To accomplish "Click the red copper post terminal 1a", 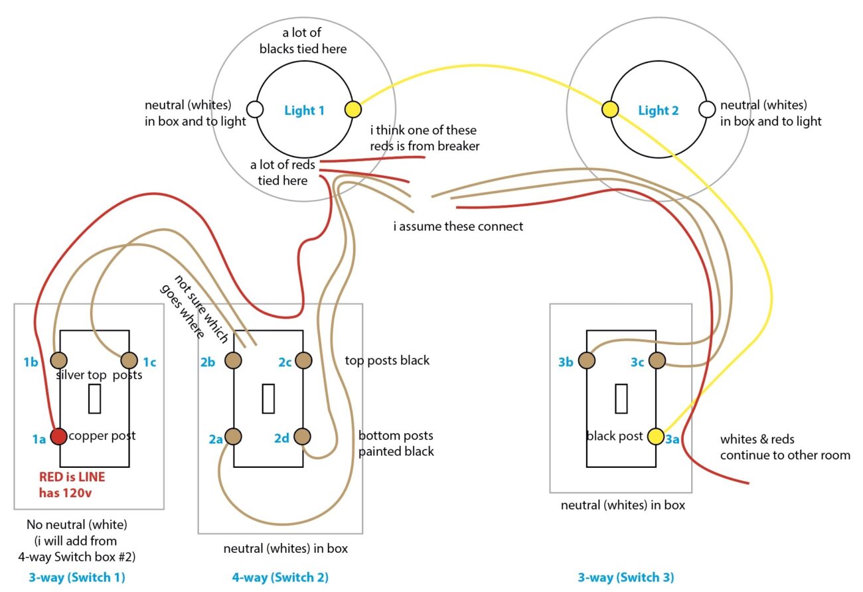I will point(58,436).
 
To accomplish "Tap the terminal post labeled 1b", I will point(58,360).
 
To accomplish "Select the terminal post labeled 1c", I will point(128,360).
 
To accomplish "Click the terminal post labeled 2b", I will point(233,360).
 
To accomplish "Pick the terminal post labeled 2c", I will point(303,360).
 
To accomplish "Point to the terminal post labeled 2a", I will point(233,436).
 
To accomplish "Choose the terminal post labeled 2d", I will point(303,436).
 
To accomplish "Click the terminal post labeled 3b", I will point(586,360).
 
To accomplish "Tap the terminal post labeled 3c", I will point(656,360).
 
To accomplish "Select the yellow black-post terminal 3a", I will point(656,436).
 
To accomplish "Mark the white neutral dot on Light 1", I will point(254,109).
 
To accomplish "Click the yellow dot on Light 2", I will point(609,109).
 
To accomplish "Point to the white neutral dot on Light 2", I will point(708,109).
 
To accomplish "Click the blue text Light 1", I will point(304,110).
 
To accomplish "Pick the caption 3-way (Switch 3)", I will point(625,577).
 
